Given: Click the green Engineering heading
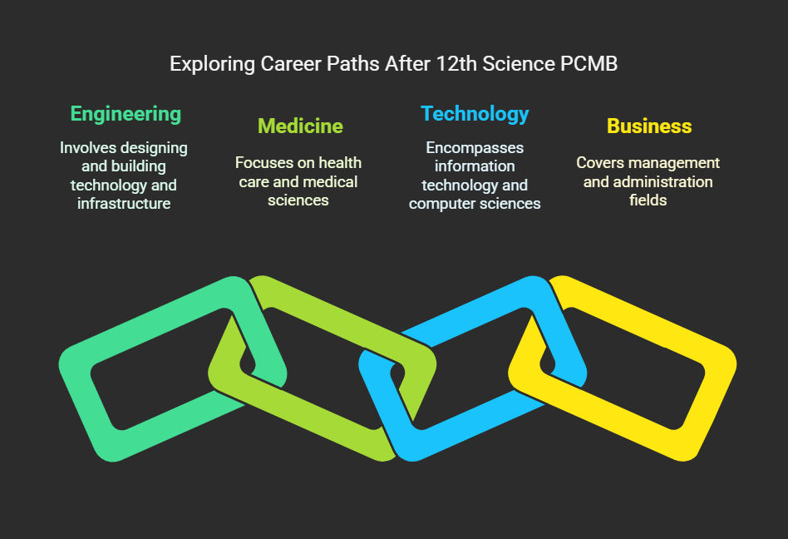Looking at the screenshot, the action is click(x=126, y=115).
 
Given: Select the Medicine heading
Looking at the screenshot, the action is click(x=300, y=126).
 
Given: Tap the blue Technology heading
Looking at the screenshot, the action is click(x=475, y=115).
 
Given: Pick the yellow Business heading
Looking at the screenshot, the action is click(x=649, y=126).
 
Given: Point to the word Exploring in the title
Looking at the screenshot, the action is click(x=212, y=65).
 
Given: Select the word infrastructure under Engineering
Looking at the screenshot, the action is click(x=124, y=204).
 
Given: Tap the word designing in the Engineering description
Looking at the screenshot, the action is click(x=155, y=148).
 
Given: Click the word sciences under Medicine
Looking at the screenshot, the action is click(x=298, y=200).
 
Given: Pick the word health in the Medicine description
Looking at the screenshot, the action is click(x=340, y=163).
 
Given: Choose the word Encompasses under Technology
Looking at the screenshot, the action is click(x=475, y=148).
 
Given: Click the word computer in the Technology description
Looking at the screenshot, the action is click(x=439, y=204).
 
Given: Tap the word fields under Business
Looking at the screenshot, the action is click(x=648, y=200).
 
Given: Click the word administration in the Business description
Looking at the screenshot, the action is click(x=662, y=181).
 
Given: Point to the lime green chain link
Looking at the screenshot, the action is click(x=322, y=302).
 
